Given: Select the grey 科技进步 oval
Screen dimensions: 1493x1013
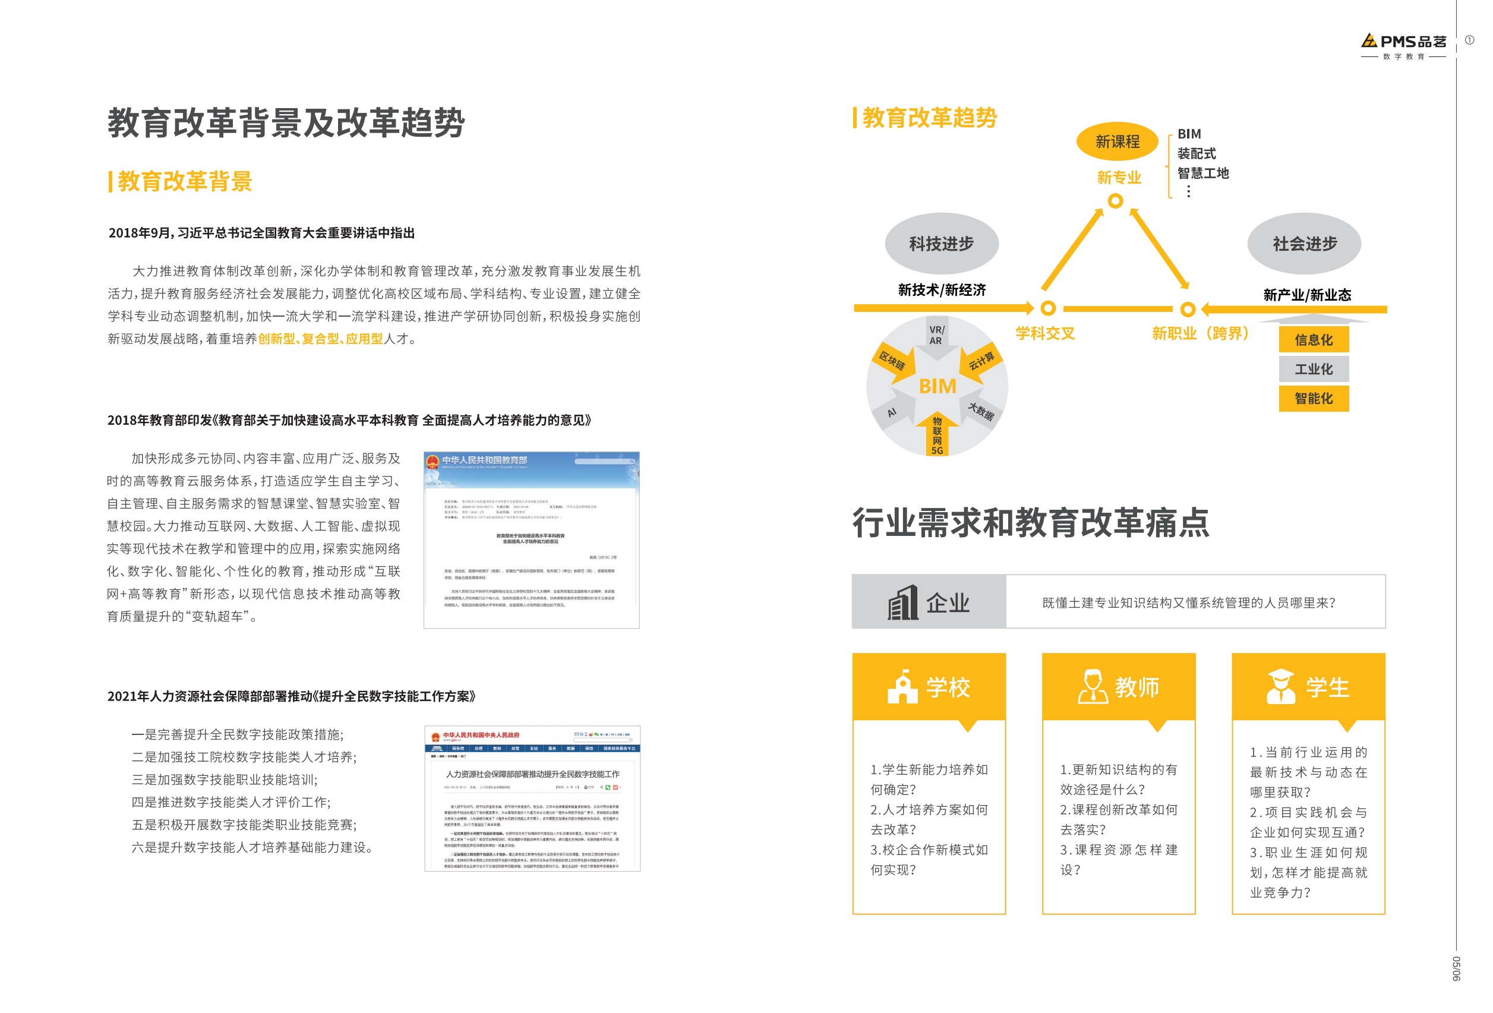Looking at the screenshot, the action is pyautogui.click(x=941, y=244).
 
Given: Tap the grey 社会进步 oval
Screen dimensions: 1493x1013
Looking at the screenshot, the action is pyautogui.click(x=1304, y=244).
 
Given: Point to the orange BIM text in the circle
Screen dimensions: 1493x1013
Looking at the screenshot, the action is pyautogui.click(x=938, y=386).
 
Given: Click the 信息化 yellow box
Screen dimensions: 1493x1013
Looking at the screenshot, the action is pyautogui.click(x=1313, y=340).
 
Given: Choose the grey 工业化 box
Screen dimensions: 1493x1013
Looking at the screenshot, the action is pyautogui.click(x=1313, y=370).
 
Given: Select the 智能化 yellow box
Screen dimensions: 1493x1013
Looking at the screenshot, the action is pyautogui.click(x=1313, y=398).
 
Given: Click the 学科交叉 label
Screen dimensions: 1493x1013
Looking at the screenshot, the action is pyautogui.click(x=1044, y=333).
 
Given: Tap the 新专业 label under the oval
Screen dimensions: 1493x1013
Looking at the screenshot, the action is pyautogui.click(x=1119, y=177).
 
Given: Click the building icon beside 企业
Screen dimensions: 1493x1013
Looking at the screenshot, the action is pyautogui.click(x=902, y=602).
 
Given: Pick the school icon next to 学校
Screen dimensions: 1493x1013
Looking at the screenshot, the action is pyautogui.click(x=902, y=687).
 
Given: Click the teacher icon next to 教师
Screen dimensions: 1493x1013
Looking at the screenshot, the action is pyautogui.click(x=1092, y=687).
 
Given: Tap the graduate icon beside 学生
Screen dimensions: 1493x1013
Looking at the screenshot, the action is pyautogui.click(x=1280, y=687).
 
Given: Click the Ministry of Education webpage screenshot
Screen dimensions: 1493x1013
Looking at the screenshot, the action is pyautogui.click(x=531, y=539).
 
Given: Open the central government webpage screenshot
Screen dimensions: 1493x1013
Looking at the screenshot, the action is pyautogui.click(x=532, y=799).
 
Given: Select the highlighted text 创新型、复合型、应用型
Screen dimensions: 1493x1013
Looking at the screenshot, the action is pyautogui.click(x=320, y=339).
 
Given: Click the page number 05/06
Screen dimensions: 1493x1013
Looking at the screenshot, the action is pyautogui.click(x=1456, y=968).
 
